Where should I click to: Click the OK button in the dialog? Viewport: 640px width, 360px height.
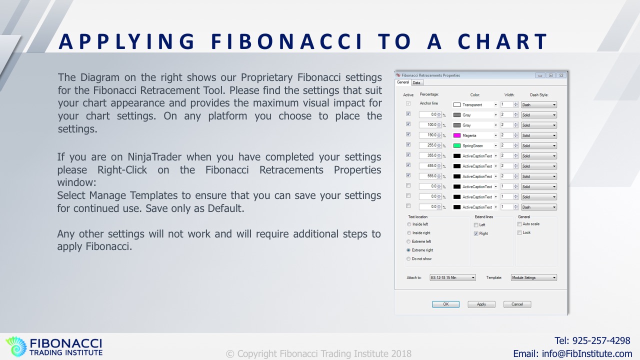[x=445, y=304]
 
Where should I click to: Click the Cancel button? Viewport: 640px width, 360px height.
[x=517, y=304]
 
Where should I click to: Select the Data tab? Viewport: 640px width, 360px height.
[x=416, y=82]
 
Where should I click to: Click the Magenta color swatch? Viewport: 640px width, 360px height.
[x=457, y=135]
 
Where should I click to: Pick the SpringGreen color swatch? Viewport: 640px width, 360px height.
[x=457, y=145]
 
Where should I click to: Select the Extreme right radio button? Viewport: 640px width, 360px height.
[x=408, y=250]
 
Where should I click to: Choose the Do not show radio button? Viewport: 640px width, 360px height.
[x=408, y=259]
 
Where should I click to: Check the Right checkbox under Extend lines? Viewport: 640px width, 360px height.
[x=476, y=233]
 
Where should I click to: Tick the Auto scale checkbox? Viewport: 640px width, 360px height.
[x=519, y=224]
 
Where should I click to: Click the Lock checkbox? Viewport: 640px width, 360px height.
[x=519, y=233]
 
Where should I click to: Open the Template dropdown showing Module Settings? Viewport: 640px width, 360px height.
[x=533, y=277]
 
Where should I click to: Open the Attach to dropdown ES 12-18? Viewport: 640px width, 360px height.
[x=452, y=277]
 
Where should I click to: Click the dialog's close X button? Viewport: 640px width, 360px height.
[x=561, y=75]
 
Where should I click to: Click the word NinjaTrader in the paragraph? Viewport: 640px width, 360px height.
[x=154, y=157]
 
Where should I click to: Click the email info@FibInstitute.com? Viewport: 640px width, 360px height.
[x=587, y=353]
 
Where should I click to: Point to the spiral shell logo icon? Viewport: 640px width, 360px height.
[x=16, y=346]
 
